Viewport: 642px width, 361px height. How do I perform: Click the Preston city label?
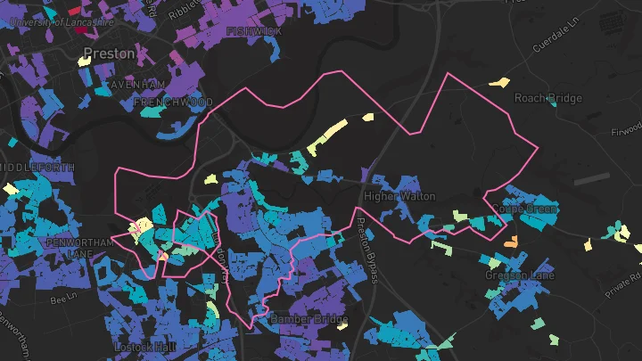click(109, 53)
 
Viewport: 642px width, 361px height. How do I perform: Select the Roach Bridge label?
click(548, 98)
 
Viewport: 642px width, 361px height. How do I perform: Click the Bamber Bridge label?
click(301, 319)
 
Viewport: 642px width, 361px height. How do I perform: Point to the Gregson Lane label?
click(520, 275)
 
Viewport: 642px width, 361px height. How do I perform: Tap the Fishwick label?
click(254, 31)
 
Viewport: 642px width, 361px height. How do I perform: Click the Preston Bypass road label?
click(367, 250)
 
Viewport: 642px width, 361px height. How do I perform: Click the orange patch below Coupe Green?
click(511, 242)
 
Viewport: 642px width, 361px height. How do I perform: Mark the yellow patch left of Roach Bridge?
click(498, 82)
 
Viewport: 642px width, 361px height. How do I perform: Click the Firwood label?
click(625, 131)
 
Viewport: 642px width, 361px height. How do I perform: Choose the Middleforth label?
click(24, 168)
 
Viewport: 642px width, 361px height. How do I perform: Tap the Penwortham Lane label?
click(76, 248)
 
